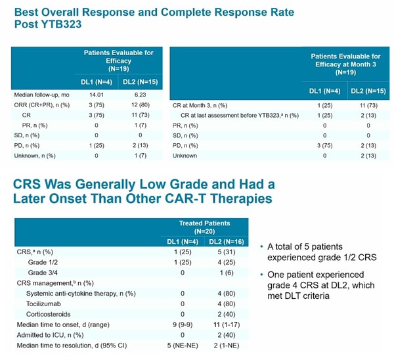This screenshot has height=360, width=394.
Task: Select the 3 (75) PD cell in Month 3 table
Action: pos(322,145)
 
